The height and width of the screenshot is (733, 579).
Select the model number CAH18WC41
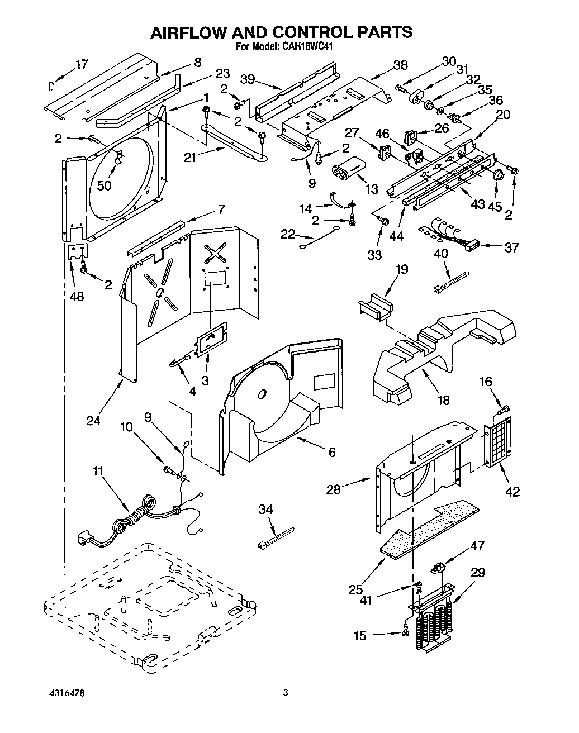click(307, 47)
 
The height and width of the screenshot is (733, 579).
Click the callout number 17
click(82, 64)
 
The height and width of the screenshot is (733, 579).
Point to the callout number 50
click(104, 186)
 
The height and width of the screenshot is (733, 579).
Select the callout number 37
click(511, 247)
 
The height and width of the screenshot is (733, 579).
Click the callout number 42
click(512, 491)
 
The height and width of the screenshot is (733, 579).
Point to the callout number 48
click(77, 296)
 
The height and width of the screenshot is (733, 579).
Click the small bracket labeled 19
click(375, 306)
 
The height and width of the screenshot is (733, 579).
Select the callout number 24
click(93, 420)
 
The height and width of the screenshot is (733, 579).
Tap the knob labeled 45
click(499, 175)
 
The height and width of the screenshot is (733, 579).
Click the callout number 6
click(331, 452)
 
